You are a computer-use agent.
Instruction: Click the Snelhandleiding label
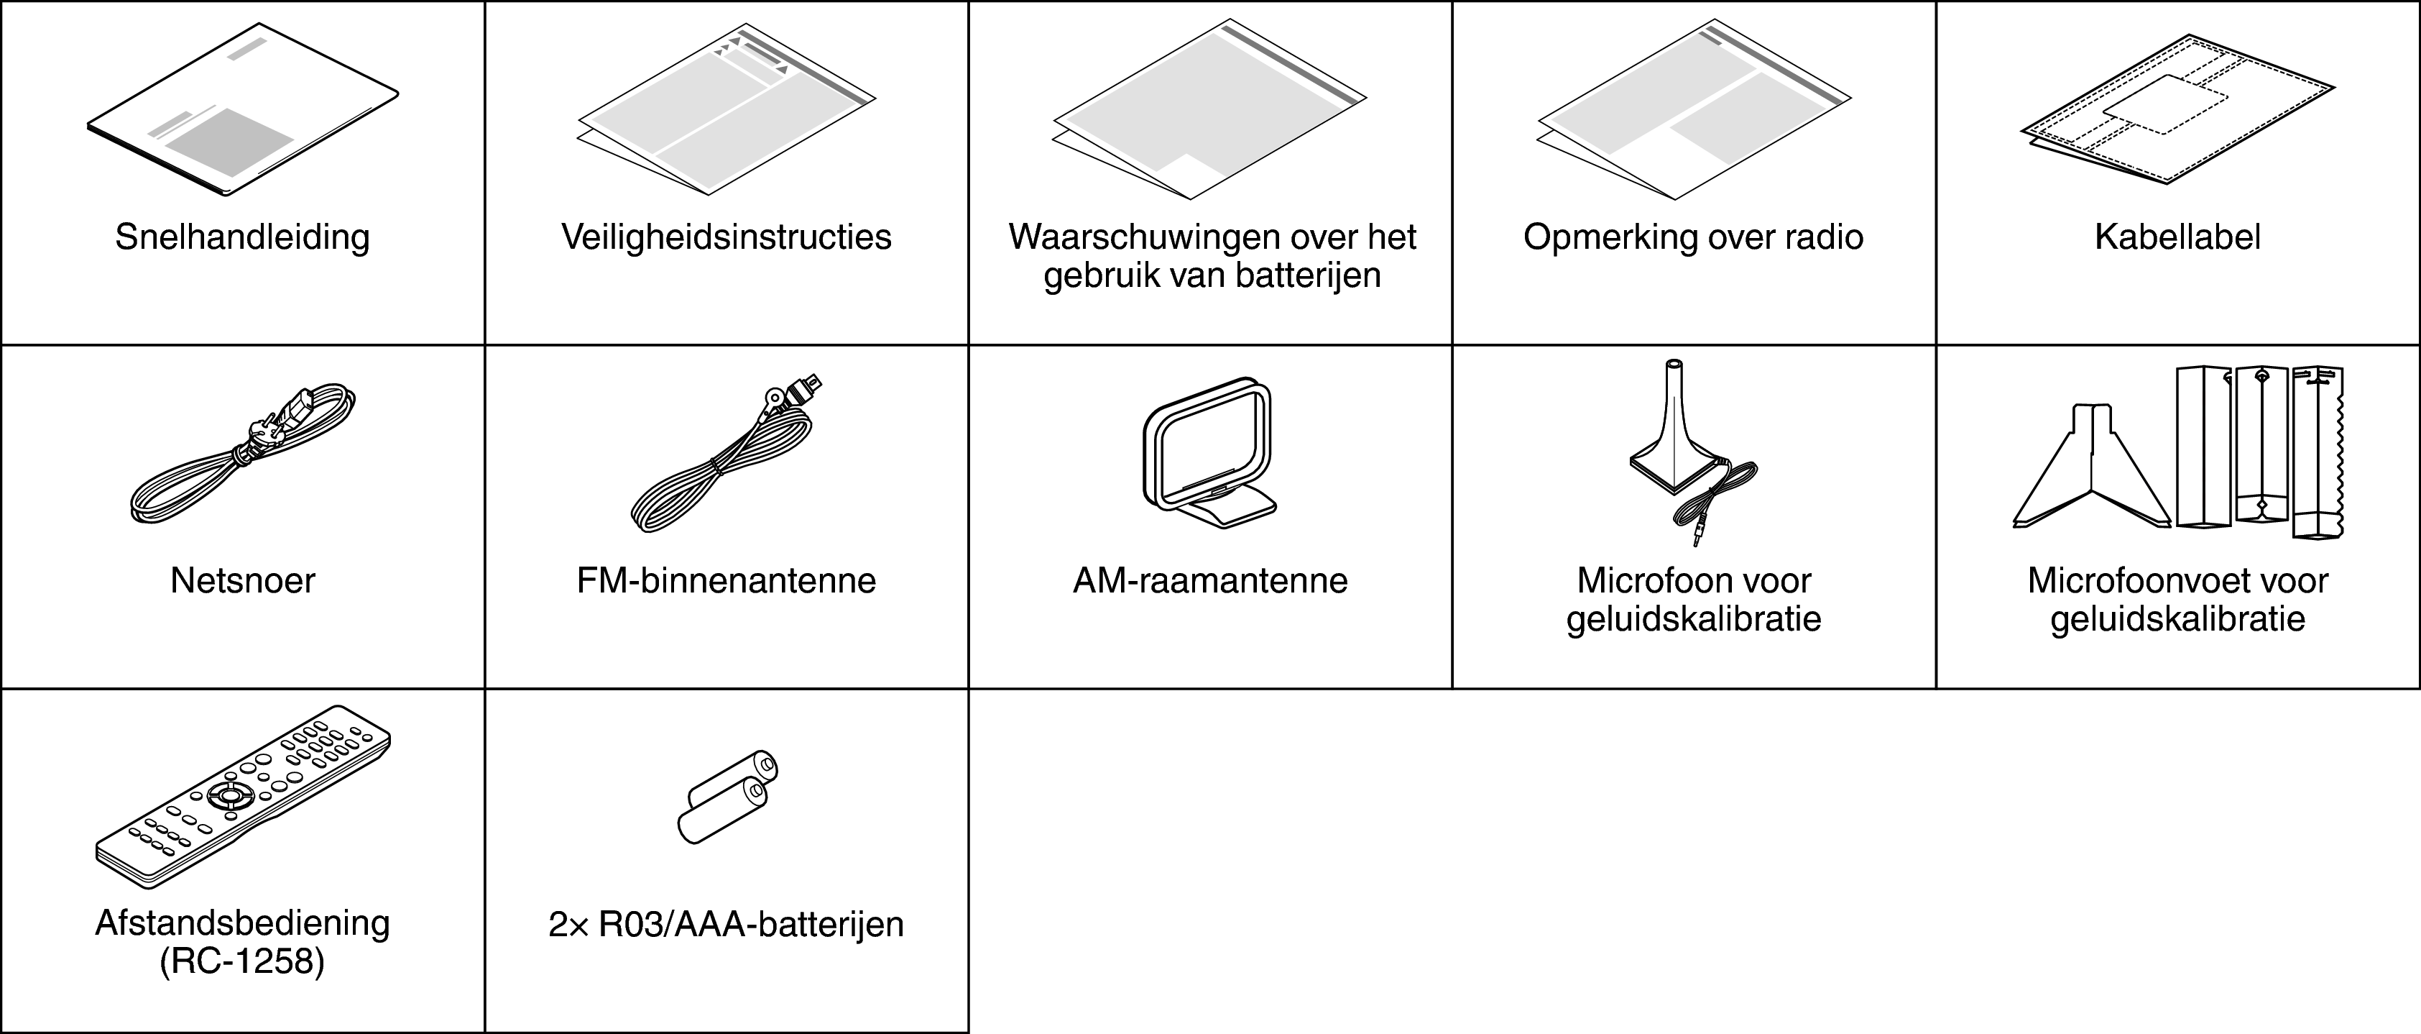coord(242,237)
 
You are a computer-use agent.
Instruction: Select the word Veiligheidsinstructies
coord(727,237)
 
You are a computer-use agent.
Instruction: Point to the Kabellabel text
coord(2177,237)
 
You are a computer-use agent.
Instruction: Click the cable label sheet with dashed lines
coord(2177,122)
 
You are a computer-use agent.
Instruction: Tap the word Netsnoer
coord(242,581)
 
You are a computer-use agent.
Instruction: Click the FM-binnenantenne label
coord(727,581)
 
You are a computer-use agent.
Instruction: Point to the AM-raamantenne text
coord(1210,581)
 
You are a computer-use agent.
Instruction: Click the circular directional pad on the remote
coord(230,795)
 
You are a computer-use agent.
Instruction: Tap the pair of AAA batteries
coord(727,797)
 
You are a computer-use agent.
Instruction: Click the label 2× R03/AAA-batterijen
coord(727,925)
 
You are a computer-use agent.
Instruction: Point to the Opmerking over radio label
coord(1694,237)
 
